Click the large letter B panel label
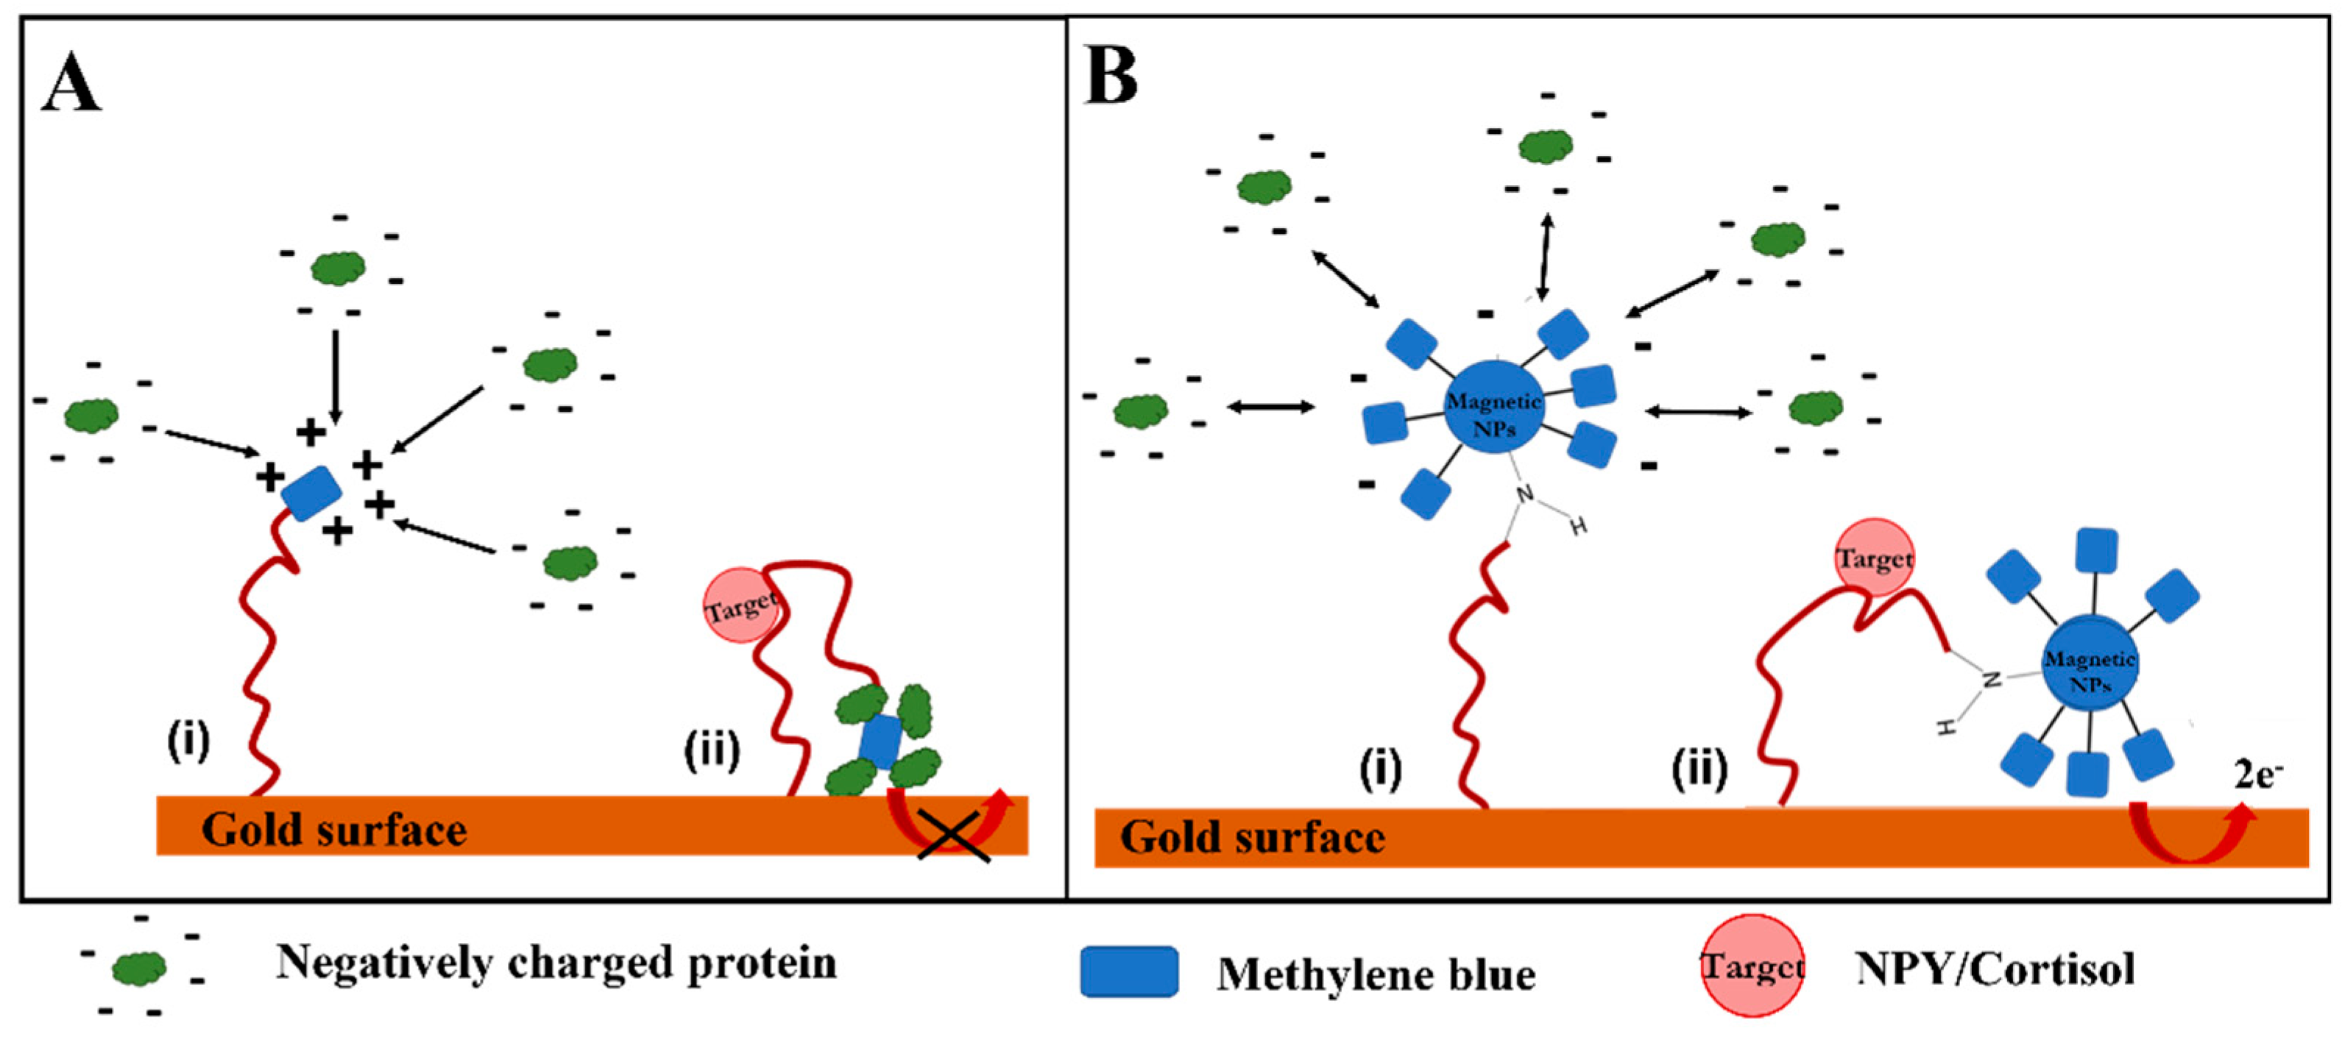pos(1111,78)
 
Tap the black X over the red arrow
pos(953,836)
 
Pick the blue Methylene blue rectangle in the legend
pos(1129,972)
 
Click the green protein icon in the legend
pos(139,967)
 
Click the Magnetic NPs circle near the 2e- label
pos(2089,667)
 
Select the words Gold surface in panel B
pos(1252,837)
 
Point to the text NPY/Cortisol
pos(1995,967)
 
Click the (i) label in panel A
pos(188,741)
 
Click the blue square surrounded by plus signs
pos(311,492)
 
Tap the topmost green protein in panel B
pos(1545,146)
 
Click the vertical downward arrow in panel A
pos(336,375)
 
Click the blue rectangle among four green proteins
pos(880,741)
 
